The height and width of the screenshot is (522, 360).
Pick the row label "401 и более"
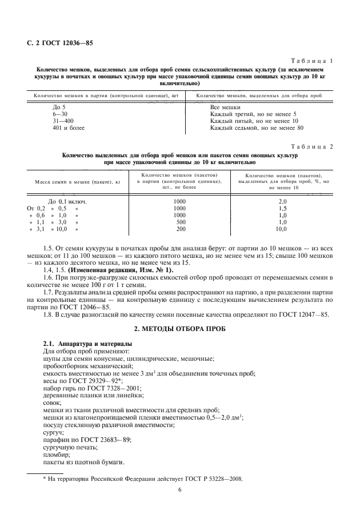(68, 127)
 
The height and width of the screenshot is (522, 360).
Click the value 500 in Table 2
(181, 222)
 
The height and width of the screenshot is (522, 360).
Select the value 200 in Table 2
(181, 229)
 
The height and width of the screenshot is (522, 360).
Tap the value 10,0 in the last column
(281, 229)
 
